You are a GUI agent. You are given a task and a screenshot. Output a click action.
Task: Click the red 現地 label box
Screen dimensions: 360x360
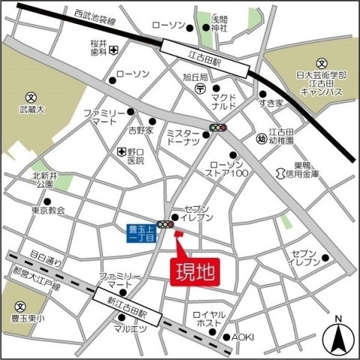(196, 271)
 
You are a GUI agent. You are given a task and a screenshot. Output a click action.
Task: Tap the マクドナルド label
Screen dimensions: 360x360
(224, 101)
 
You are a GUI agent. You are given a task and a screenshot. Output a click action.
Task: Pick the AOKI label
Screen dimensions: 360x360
(243, 337)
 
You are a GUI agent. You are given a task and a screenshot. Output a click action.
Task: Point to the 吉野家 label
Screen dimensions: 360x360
(140, 130)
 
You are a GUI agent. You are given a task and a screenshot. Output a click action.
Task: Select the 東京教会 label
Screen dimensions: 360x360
(49, 211)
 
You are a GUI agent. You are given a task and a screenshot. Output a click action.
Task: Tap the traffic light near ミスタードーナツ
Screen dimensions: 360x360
(219, 128)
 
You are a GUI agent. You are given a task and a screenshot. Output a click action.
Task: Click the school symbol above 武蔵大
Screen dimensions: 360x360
(31, 97)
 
